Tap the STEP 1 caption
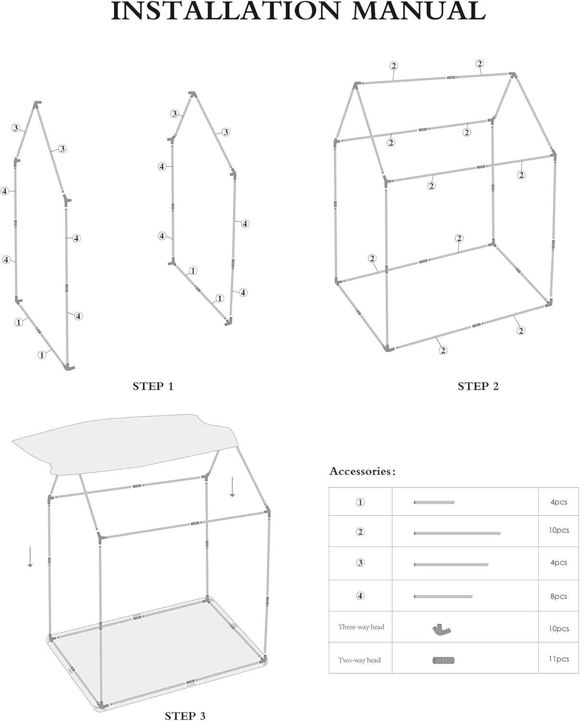tap(153, 386)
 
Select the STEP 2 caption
tap(478, 386)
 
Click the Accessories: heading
tap(362, 472)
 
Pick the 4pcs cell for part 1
tap(559, 502)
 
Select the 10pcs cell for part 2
tap(559, 530)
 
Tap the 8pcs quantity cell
tap(559, 597)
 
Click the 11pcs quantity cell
tap(559, 659)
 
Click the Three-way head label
tap(361, 627)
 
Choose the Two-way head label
tap(359, 660)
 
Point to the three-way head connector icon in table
tap(441, 629)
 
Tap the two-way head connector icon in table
tap(443, 660)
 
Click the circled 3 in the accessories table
tap(360, 563)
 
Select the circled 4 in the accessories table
tap(360, 596)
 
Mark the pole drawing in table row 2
tap(457, 533)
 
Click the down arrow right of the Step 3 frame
tap(232, 486)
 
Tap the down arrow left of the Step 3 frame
tap(30, 557)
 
